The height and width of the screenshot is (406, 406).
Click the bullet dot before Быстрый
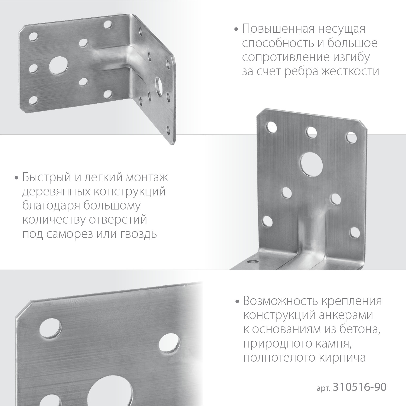[x=17, y=178]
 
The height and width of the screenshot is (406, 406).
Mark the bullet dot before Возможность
[x=238, y=302]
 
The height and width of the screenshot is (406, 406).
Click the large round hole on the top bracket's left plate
[x=58, y=66]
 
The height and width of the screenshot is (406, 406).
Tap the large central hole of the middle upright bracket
[x=312, y=163]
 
